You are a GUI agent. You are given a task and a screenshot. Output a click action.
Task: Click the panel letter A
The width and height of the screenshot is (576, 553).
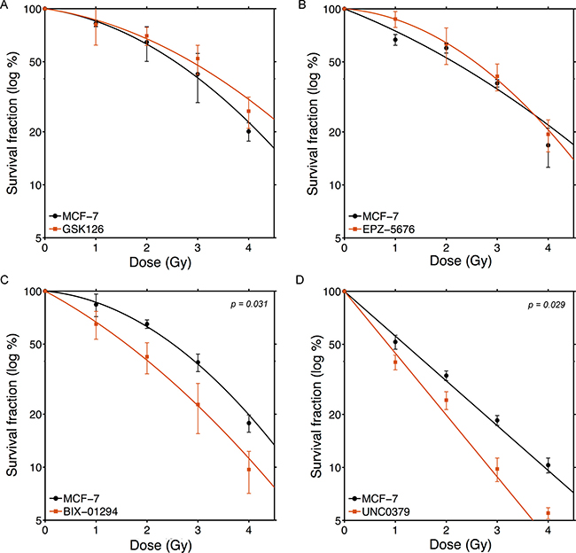[x=4, y=5]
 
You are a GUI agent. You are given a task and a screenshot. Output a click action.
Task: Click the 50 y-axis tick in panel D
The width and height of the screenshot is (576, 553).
[x=329, y=344]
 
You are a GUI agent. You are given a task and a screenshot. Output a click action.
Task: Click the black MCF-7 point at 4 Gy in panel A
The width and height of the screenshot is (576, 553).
[x=249, y=131]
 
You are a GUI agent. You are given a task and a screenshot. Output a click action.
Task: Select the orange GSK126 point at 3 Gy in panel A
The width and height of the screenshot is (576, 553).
[x=198, y=59]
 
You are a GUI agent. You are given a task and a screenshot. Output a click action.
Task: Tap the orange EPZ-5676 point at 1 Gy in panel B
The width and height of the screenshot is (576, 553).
[x=395, y=19]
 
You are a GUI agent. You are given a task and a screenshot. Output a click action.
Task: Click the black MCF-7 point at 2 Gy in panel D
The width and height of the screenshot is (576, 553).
[x=446, y=376]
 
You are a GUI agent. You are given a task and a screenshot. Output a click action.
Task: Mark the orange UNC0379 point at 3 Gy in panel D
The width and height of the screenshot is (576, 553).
[x=497, y=469]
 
